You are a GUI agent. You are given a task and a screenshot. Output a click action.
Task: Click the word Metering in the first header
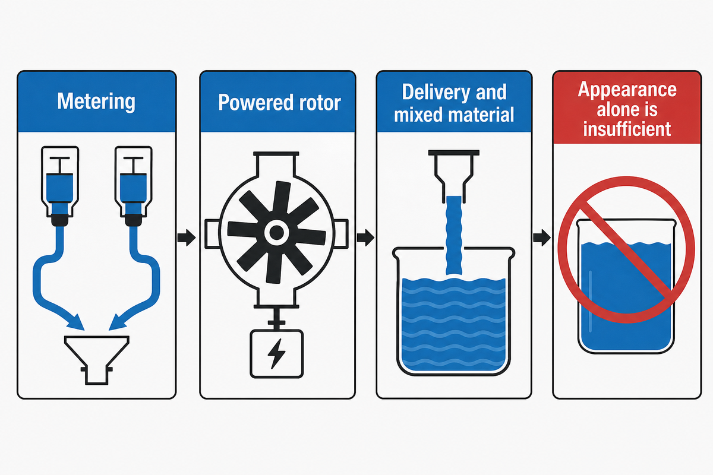(96, 102)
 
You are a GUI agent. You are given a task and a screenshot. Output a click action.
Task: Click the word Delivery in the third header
(436, 93)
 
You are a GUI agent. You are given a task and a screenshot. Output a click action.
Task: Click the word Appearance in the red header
(627, 90)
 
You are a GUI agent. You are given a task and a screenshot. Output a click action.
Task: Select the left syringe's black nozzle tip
(60, 220)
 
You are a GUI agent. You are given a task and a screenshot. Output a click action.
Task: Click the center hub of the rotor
(276, 233)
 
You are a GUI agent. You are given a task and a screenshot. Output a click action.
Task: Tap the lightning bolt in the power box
(276, 353)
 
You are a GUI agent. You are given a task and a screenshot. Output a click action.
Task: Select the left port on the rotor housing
(212, 233)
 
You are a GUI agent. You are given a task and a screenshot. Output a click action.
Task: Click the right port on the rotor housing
(341, 233)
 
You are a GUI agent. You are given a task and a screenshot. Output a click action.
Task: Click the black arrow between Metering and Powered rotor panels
(187, 237)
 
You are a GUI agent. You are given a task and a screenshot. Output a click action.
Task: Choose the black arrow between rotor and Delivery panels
(365, 237)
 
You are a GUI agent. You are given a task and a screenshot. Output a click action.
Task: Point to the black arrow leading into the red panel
(542, 237)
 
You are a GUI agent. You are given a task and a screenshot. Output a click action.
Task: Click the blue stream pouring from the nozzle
(454, 236)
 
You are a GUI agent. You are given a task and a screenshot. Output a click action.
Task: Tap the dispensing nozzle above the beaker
(453, 176)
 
